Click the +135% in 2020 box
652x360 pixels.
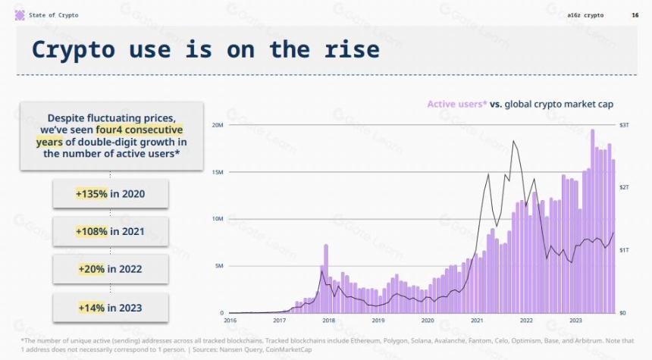pos(111,194)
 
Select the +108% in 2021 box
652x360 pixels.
pos(111,231)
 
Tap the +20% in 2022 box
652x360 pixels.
pos(111,269)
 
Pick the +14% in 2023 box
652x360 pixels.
pos(111,308)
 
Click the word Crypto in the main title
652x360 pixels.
pos(74,50)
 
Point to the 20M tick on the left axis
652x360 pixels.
pos(218,125)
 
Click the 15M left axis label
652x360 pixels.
pos(218,172)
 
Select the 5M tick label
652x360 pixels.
pos(219,266)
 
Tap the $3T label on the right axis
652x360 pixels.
pos(624,125)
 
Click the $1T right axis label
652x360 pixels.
pos(624,250)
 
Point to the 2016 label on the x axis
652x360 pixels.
pos(230,321)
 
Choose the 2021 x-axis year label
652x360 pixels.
pos(477,321)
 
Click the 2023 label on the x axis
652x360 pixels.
pos(575,321)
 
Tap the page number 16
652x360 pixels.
pos(635,15)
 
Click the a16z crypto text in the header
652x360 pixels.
pos(585,15)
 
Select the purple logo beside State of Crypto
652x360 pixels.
pos(20,15)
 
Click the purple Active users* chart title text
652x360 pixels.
pos(456,104)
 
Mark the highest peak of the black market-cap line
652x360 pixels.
pos(514,141)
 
